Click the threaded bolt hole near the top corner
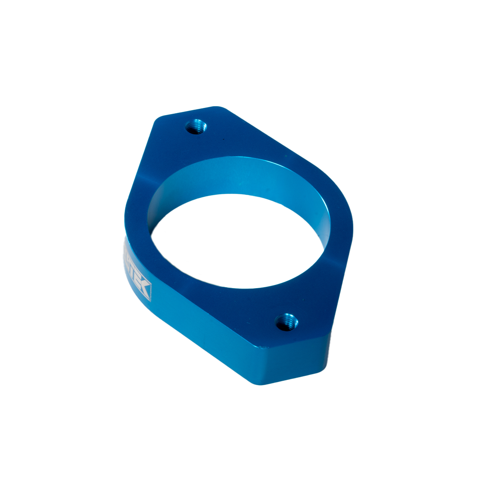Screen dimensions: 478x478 pyautogui.click(x=196, y=127)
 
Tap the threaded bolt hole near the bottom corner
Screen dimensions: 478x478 pyautogui.click(x=286, y=322)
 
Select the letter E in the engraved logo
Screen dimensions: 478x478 pyautogui.click(x=138, y=283)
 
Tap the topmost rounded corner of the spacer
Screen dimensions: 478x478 pyautogui.click(x=217, y=108)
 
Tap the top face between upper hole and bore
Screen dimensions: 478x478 pyautogui.click(x=208, y=146)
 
